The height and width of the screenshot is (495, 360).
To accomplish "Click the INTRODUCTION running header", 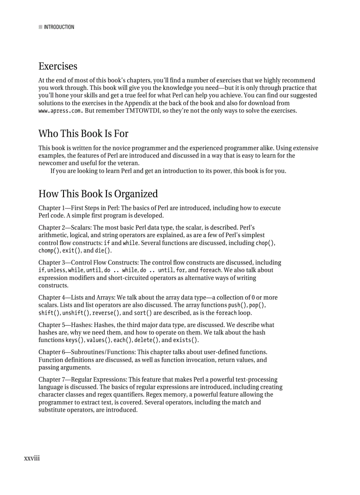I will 59,27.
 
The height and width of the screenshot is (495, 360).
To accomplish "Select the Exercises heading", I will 58,66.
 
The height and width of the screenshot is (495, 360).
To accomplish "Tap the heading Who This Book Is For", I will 83,133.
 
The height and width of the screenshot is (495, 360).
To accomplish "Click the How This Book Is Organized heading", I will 98,194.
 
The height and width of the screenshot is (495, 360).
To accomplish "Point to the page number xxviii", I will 32,458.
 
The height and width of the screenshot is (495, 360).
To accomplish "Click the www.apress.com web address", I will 60,111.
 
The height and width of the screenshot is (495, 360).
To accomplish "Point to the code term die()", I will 103,251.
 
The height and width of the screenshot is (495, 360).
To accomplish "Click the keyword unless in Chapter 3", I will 56,270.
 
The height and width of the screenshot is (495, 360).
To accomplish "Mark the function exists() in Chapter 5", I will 185,340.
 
